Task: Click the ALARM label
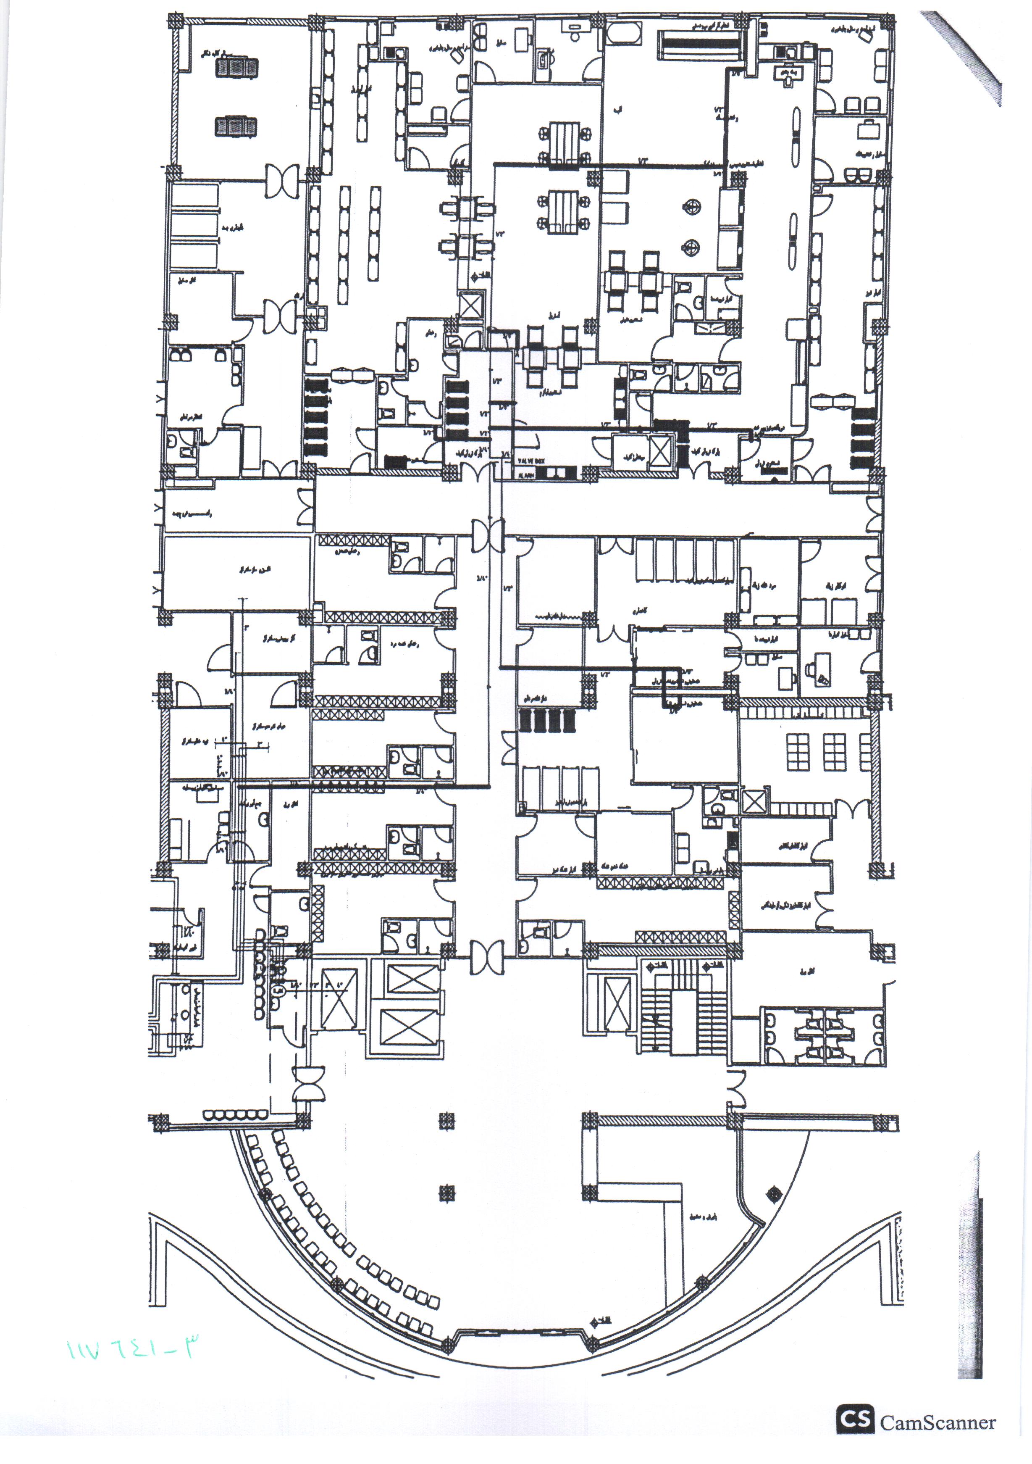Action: pos(525,475)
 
